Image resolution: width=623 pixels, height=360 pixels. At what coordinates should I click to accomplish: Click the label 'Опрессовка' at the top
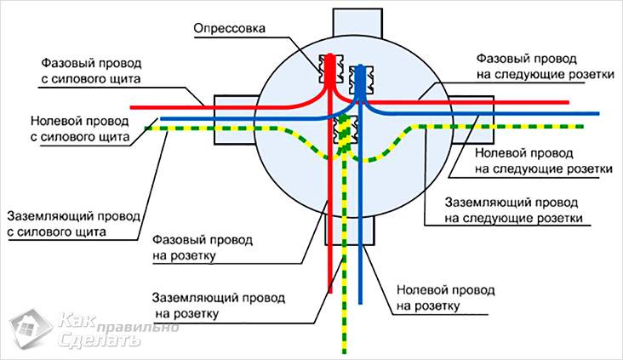pyautogui.click(x=229, y=28)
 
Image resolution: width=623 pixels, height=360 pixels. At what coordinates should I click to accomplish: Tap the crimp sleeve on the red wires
pyautogui.click(x=328, y=67)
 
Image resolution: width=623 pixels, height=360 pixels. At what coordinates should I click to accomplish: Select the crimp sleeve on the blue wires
pyautogui.click(x=361, y=71)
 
